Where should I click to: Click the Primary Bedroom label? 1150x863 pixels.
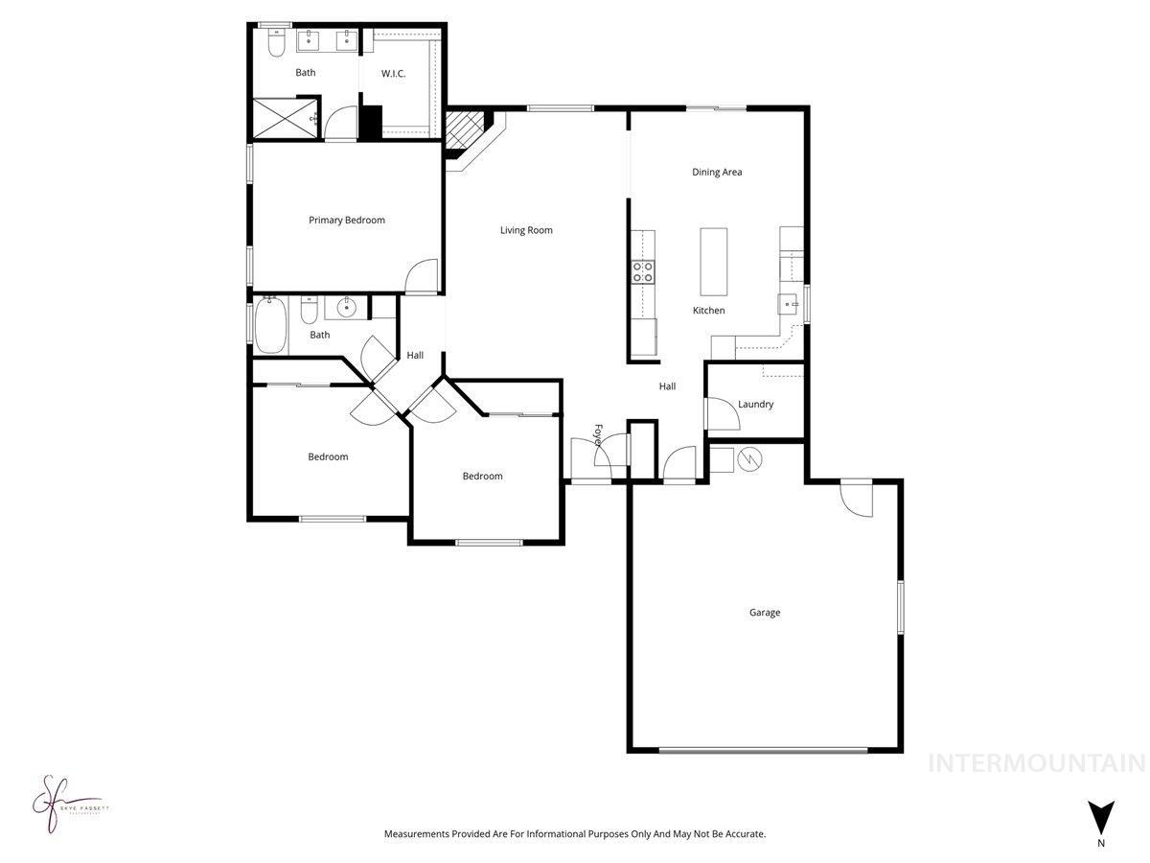346,221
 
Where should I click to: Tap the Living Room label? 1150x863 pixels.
526,230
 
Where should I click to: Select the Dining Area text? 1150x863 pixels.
717,173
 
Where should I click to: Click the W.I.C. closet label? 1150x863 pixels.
394,74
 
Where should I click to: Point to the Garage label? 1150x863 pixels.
764,613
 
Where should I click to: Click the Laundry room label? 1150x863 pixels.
755,405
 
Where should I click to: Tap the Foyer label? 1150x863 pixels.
598,435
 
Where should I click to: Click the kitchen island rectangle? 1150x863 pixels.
714,261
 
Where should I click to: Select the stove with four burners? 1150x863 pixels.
642,272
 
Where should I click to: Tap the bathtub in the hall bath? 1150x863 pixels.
270,325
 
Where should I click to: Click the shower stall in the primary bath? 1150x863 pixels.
284,119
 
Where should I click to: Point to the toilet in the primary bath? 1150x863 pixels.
276,43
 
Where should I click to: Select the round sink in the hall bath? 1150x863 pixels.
346,308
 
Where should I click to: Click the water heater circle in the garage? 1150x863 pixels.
749,460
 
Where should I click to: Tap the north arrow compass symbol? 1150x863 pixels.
1101,818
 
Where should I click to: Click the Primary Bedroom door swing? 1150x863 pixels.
421,277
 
